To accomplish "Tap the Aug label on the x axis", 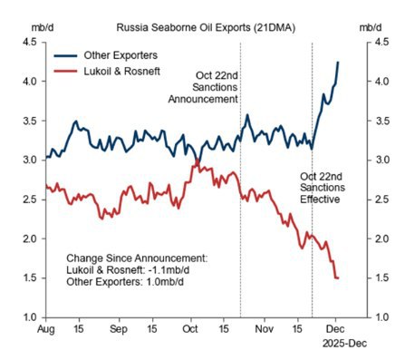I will (47, 331).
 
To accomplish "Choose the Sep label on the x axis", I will (117, 331).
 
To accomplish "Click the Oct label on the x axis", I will (189, 331).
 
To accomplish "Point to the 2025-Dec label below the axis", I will (342, 346).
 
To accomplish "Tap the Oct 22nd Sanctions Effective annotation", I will (323, 185).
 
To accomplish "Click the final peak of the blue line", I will (338, 62).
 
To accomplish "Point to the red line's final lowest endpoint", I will (338, 277).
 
